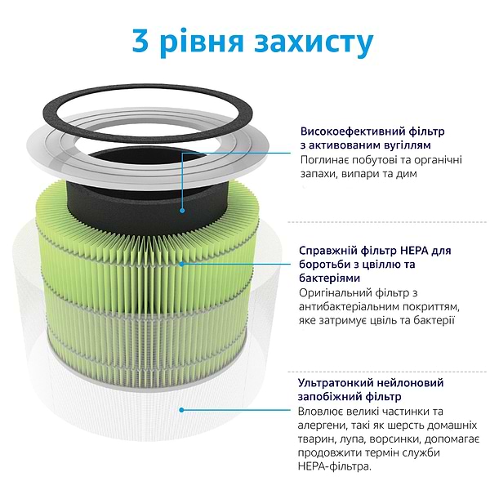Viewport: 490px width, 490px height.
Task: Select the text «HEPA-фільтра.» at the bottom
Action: click(336, 467)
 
